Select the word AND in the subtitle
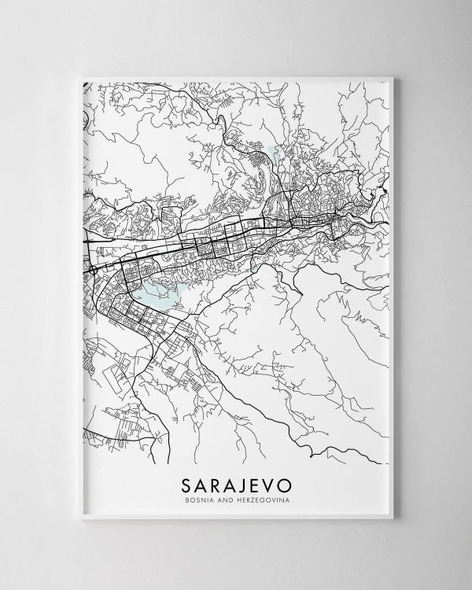pos(223,499)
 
